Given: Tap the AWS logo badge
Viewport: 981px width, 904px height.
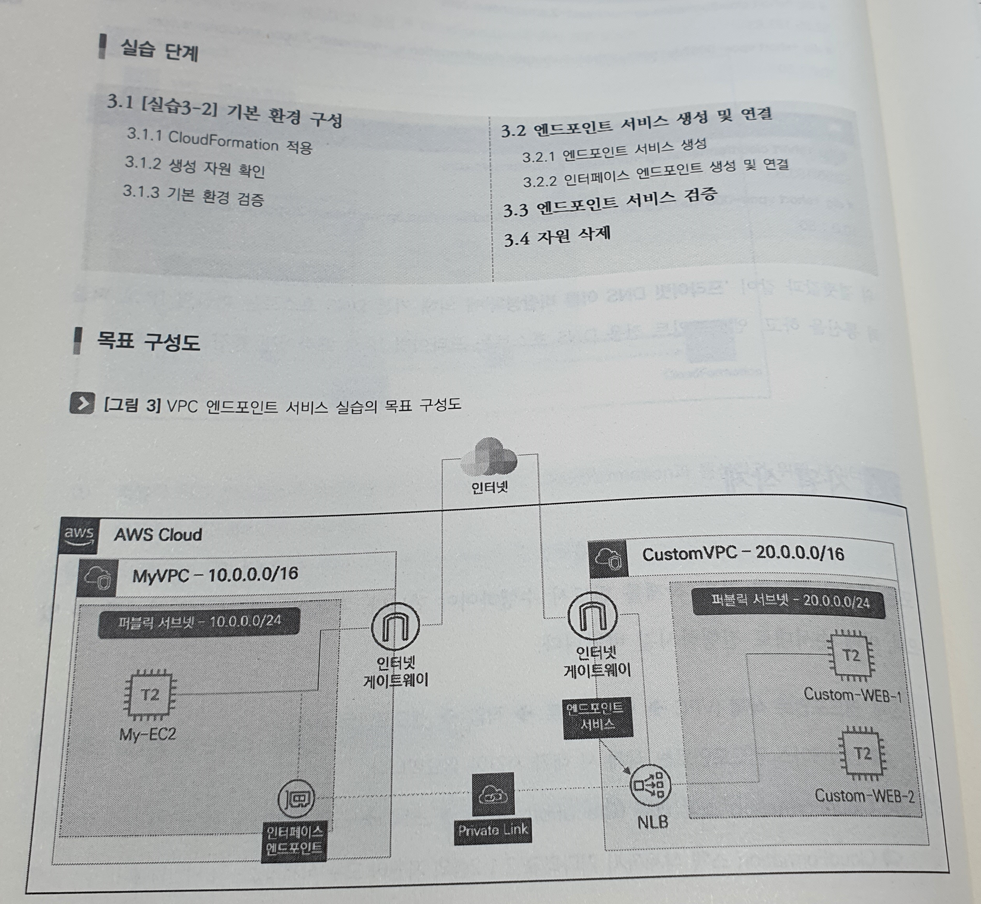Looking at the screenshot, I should (79, 535).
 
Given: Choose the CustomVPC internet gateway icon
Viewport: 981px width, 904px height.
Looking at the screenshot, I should (593, 616).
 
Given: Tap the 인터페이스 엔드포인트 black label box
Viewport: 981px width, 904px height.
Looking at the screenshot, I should (294, 839).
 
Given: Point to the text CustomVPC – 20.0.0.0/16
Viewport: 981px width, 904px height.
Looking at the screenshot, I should (743, 554).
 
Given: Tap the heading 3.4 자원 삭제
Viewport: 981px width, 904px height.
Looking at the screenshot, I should (557, 237).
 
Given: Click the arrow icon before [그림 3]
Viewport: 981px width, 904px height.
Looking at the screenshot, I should (82, 403).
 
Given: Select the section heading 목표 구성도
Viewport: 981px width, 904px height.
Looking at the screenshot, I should (148, 341).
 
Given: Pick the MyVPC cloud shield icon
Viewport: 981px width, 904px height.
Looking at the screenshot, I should (97, 578).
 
